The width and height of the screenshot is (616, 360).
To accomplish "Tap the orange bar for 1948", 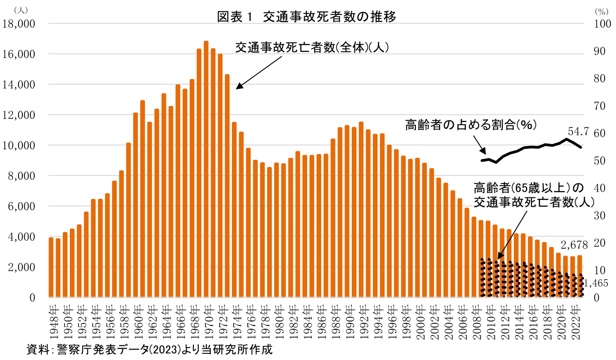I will (51, 267).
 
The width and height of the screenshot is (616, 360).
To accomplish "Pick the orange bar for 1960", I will (135, 204).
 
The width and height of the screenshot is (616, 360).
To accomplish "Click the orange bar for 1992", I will (361, 209).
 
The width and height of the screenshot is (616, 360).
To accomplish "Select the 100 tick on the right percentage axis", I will (602, 23).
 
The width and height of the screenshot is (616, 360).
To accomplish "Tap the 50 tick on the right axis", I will (600, 161).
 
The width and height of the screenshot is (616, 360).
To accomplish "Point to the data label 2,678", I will (575, 245).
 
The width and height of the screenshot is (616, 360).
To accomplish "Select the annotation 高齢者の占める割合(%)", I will (471, 125).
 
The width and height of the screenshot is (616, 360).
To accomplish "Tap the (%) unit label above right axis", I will (601, 10).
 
